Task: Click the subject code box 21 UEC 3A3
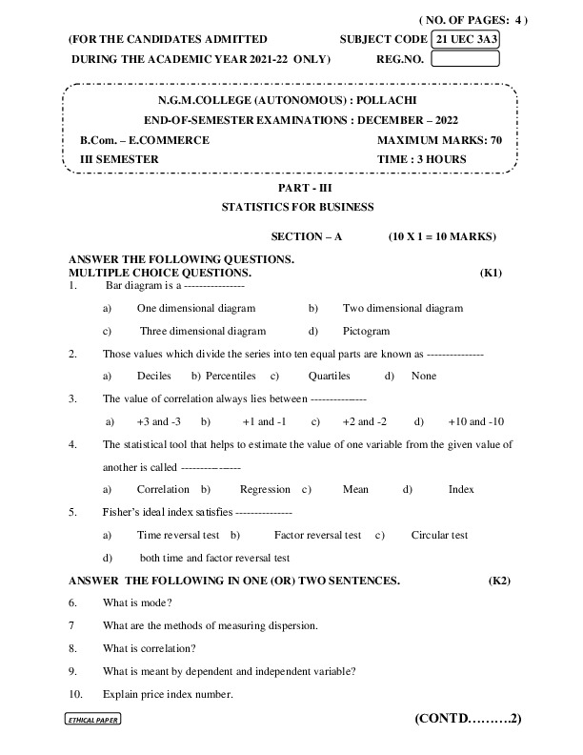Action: pyautogui.click(x=466, y=39)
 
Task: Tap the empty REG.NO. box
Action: pyautogui.click(x=466, y=58)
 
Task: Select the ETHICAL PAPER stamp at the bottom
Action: pyautogui.click(x=92, y=721)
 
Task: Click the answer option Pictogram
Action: pyautogui.click(x=366, y=331)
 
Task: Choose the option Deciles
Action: pyautogui.click(x=154, y=376)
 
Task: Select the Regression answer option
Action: pyautogui.click(x=265, y=489)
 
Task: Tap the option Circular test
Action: pyautogui.click(x=439, y=535)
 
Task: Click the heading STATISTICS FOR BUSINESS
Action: pyautogui.click(x=297, y=206)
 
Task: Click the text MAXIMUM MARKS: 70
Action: pyautogui.click(x=439, y=140)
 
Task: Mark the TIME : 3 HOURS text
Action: pyautogui.click(x=422, y=159)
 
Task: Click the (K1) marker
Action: pyautogui.click(x=492, y=273)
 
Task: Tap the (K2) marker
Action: pyautogui.click(x=500, y=580)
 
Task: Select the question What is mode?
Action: pyautogui.click(x=137, y=602)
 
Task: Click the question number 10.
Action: pyautogui.click(x=75, y=693)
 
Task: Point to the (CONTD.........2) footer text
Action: pyautogui.click(x=468, y=718)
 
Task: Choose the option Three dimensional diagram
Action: pyautogui.click(x=203, y=331)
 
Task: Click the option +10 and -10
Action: pyautogui.click(x=475, y=420)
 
